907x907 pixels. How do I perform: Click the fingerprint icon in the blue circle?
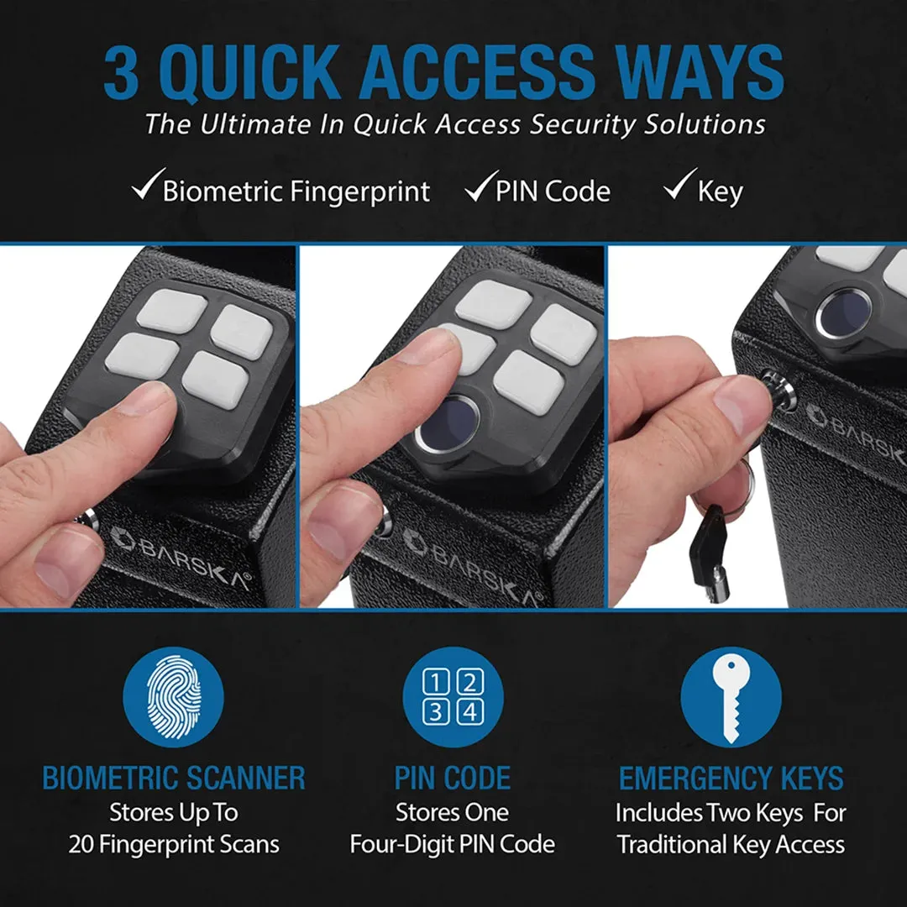coord(174,696)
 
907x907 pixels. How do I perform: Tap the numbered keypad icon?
coord(453,696)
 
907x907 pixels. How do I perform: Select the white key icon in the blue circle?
coord(731,699)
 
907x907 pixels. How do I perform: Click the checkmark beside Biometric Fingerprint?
coord(148,185)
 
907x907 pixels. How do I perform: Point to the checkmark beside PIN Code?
coord(481,186)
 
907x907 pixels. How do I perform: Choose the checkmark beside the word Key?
coord(680,184)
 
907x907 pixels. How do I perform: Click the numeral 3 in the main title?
coord(122,73)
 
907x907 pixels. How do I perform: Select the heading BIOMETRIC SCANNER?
coord(174,778)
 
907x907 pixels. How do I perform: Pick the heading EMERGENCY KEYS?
coord(731,778)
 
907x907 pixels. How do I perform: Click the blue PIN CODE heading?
coord(453,778)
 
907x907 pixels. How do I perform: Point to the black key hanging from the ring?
coord(710,553)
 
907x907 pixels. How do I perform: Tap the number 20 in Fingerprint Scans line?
coord(81,845)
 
